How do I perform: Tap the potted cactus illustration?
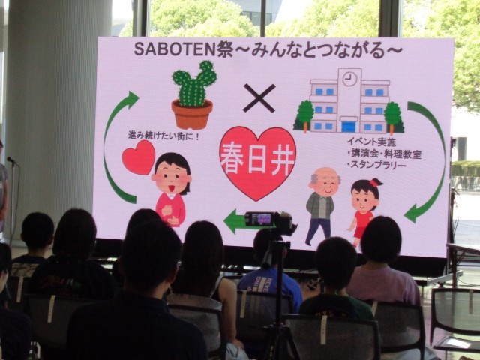193,95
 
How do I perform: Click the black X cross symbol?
259,98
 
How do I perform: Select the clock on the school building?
349,79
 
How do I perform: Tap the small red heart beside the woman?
139,157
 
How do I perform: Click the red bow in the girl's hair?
373,183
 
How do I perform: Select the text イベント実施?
371,142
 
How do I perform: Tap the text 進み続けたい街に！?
163,136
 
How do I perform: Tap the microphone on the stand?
12,160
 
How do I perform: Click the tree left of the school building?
304,115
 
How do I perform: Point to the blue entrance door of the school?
348,127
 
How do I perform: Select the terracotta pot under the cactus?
192,115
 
